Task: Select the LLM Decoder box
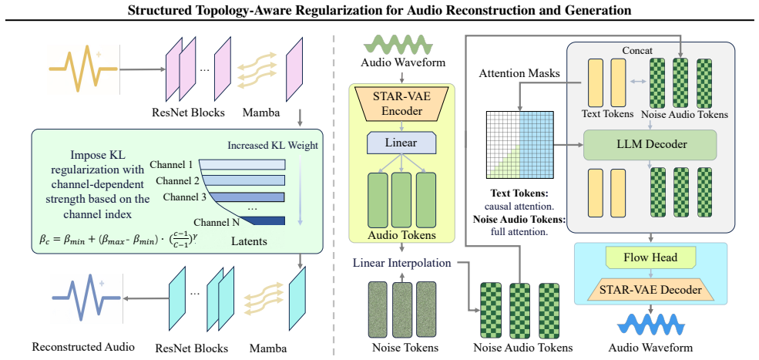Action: click(x=649, y=145)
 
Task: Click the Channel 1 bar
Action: click(x=242, y=165)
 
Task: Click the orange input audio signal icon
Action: click(x=83, y=69)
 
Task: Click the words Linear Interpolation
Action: click(x=402, y=263)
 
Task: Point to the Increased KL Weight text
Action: click(x=273, y=146)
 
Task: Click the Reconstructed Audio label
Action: click(x=82, y=346)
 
